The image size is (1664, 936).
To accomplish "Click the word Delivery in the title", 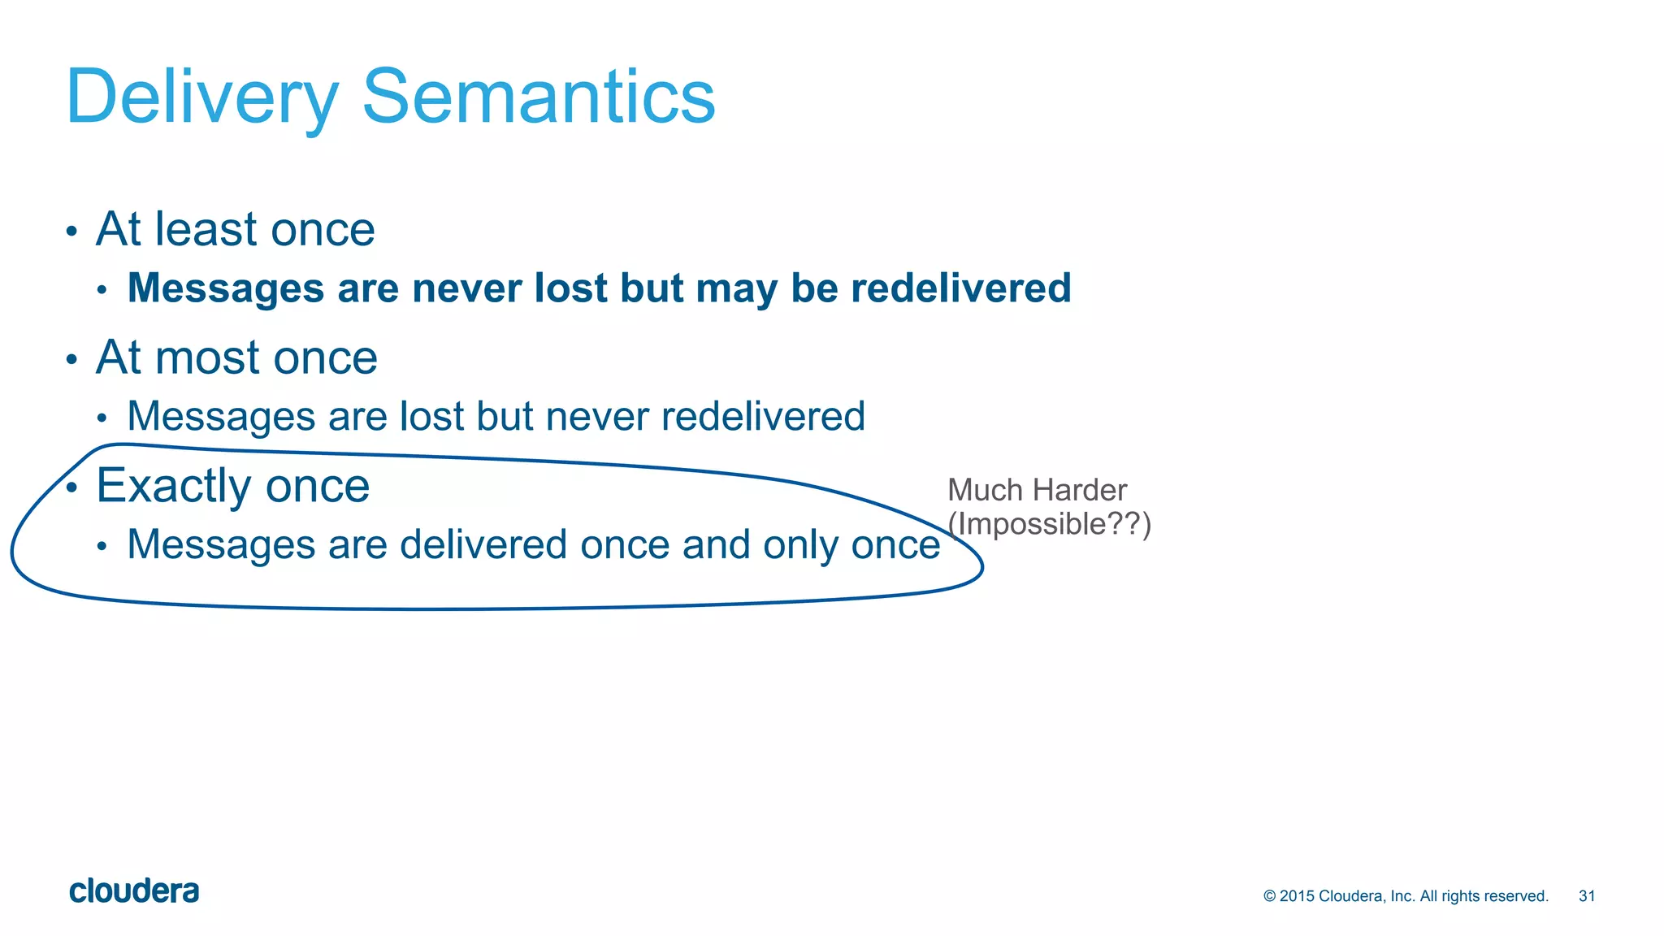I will [x=201, y=97].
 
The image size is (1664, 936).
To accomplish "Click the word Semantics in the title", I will [x=538, y=97].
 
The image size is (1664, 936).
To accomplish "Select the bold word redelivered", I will [x=960, y=288].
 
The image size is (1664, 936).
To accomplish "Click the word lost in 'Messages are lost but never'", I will [x=431, y=417].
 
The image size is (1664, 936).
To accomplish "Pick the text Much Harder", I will [x=1037, y=491].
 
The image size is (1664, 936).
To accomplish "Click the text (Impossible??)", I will [x=1049, y=524].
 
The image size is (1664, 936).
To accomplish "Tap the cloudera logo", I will [x=134, y=891].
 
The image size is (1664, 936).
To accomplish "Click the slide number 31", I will [x=1587, y=896].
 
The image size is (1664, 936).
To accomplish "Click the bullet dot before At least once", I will [x=71, y=232].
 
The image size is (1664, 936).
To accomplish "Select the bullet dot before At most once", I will [x=71, y=360].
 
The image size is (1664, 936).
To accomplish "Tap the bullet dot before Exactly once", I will [x=71, y=487].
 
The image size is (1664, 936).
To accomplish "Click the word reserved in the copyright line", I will [x=1516, y=896].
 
